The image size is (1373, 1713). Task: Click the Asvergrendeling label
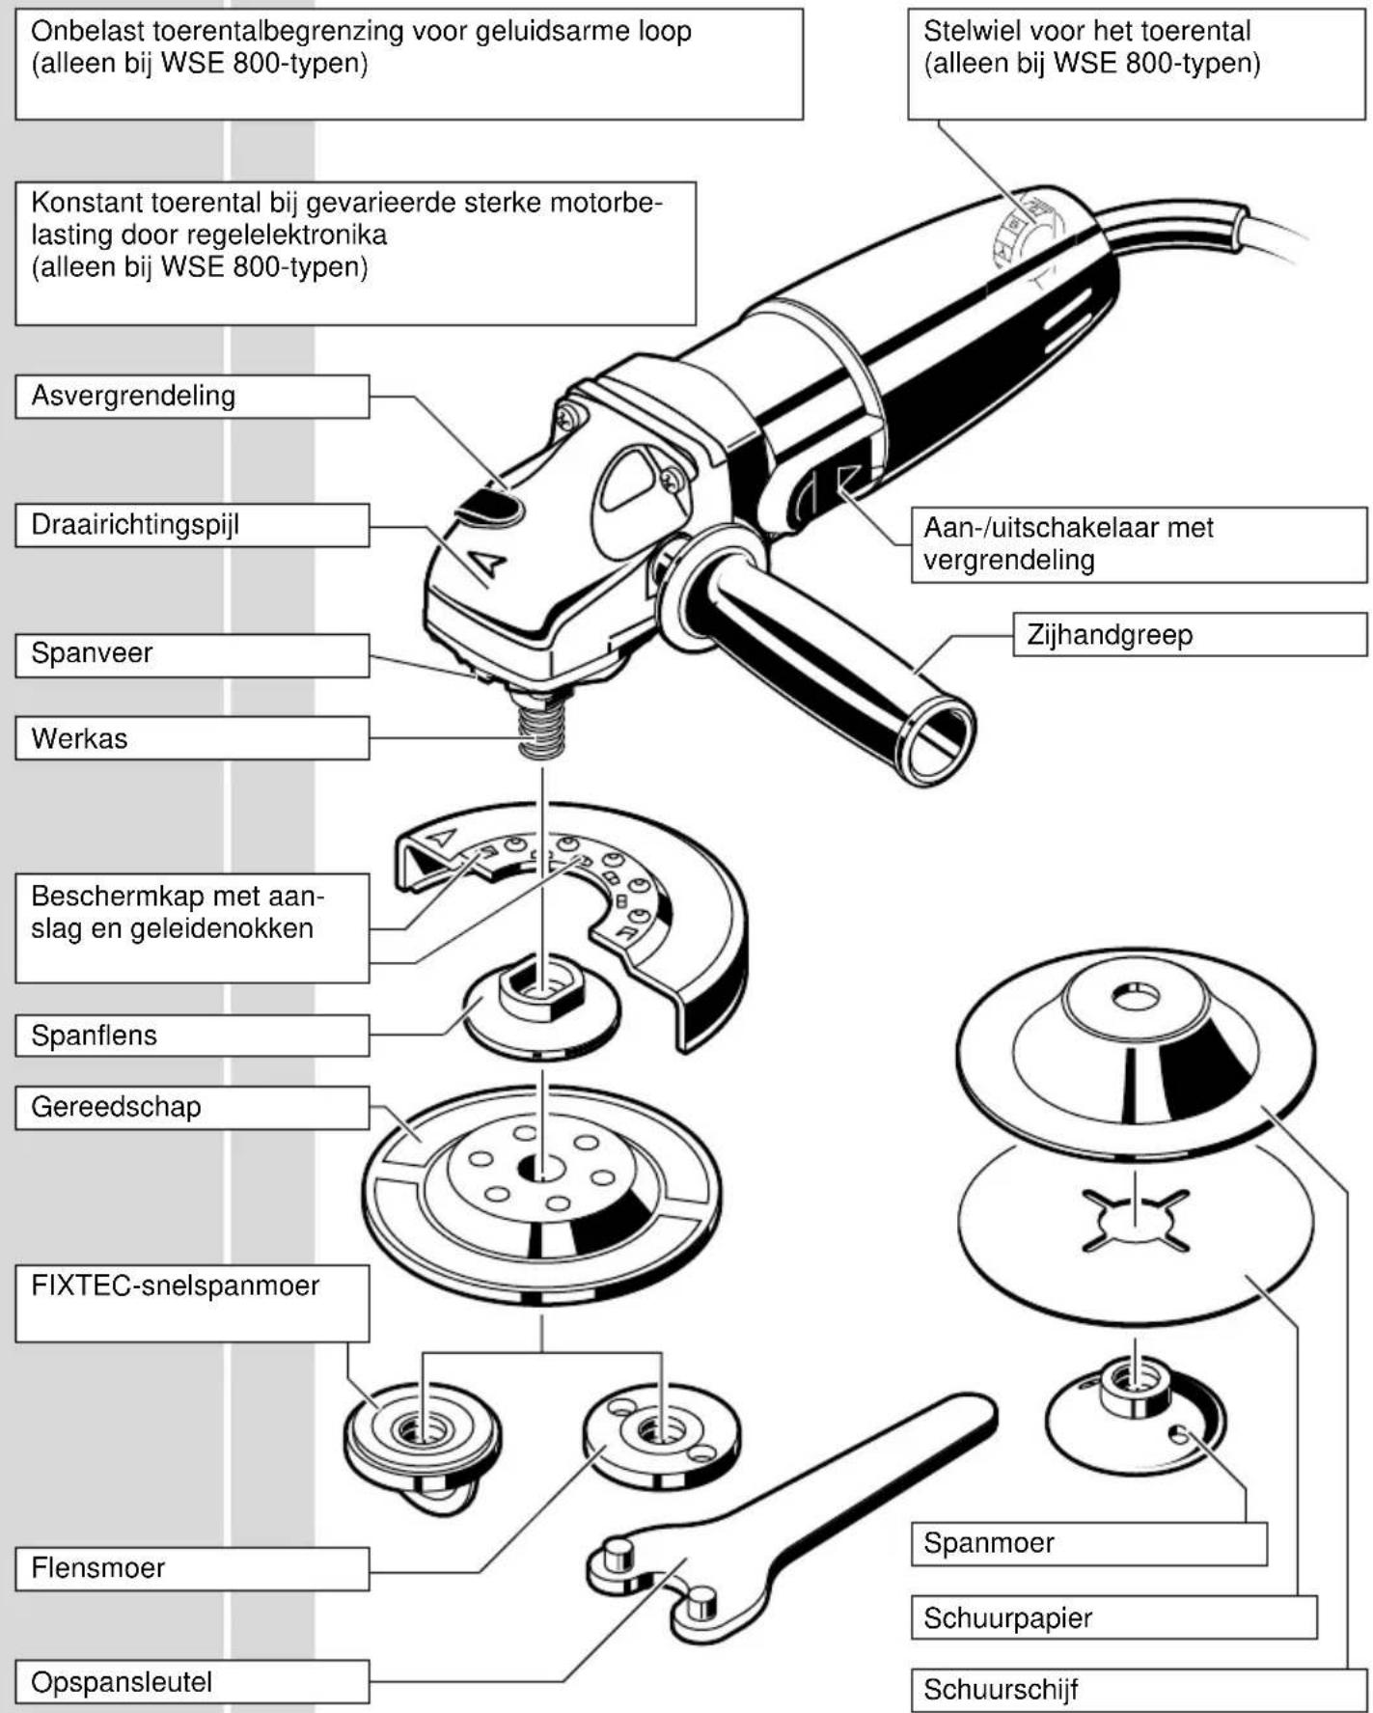[133, 396]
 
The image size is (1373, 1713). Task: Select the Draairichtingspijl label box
[135, 525]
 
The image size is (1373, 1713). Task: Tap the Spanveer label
[92, 653]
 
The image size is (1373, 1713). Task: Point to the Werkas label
[79, 738]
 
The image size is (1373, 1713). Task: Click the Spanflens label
[94, 1036]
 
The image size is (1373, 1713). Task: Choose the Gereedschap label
[116, 1107]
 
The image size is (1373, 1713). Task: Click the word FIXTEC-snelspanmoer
[175, 1285]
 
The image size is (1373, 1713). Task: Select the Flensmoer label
[97, 1567]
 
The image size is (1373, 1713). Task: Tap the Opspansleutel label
[122, 1682]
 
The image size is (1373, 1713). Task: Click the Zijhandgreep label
[1110, 635]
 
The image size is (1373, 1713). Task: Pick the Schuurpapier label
[1007, 1617]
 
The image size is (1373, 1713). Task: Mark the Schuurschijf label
[1001, 1690]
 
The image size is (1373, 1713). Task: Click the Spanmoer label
[988, 1542]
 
